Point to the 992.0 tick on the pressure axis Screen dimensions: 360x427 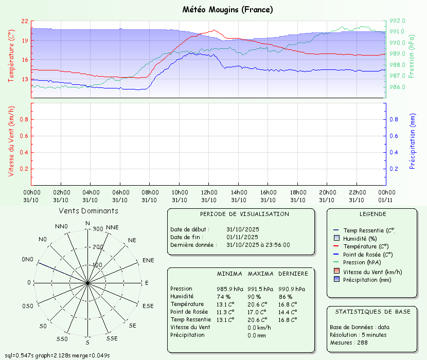(397, 21)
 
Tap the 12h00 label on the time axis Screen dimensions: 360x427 (209, 192)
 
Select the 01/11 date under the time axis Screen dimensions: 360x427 (386, 200)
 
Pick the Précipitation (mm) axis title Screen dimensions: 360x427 (413, 141)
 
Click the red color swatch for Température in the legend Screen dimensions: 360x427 (336, 246)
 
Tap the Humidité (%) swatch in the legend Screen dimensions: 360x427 (336, 238)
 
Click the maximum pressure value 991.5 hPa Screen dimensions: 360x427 (260, 289)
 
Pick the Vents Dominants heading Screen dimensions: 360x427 (88, 211)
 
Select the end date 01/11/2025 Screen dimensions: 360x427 (242, 237)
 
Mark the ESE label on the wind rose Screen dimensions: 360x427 (148, 306)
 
